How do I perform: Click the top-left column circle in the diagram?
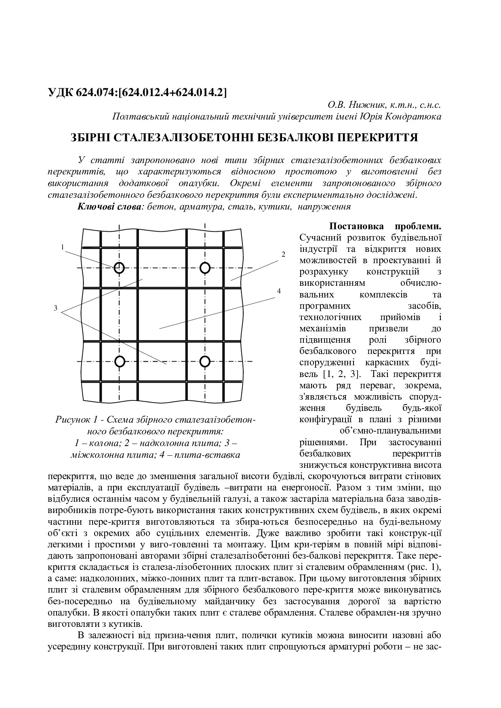tap(119, 267)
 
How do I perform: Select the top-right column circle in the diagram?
tap(205, 267)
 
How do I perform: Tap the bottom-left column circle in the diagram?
tap(119, 361)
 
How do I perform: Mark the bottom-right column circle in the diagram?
tap(205, 361)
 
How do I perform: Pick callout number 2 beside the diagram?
tap(283, 254)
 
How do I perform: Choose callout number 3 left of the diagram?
tap(55, 308)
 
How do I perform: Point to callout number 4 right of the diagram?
tap(278, 291)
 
